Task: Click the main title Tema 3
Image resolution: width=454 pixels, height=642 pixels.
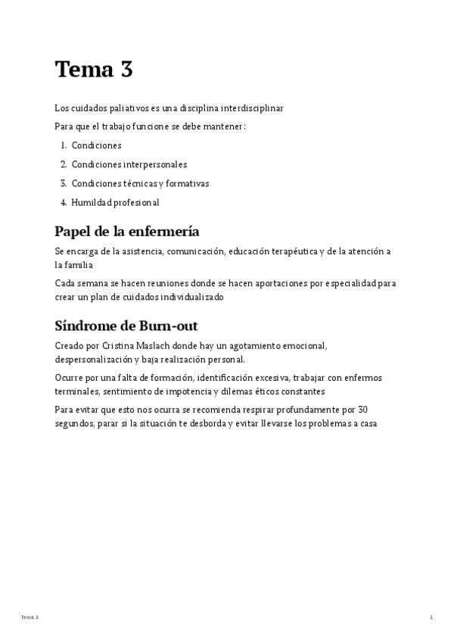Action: (x=94, y=70)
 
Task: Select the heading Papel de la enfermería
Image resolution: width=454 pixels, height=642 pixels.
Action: (x=126, y=232)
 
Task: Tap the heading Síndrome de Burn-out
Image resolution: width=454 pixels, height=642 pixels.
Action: (x=126, y=326)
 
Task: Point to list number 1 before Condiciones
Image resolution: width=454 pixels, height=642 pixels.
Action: (x=63, y=145)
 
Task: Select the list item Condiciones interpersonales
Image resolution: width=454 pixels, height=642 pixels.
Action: (x=129, y=164)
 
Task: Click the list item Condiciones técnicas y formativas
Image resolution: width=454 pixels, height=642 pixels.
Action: (x=140, y=183)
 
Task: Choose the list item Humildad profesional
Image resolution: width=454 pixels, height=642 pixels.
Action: (x=115, y=202)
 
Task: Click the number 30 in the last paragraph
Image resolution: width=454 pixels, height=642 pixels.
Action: (x=362, y=410)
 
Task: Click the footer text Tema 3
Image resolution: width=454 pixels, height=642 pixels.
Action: (x=30, y=618)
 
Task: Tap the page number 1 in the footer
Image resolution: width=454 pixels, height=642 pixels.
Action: (x=431, y=618)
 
